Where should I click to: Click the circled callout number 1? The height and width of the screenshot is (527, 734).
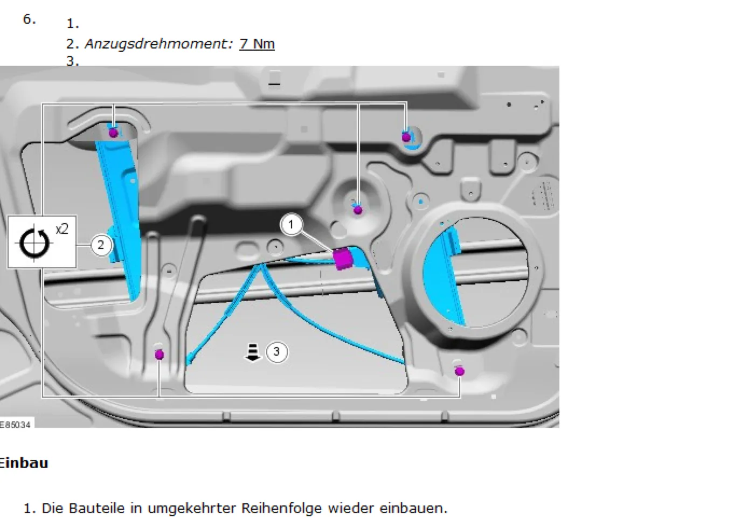290,225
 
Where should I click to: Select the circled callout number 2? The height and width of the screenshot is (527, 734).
101,245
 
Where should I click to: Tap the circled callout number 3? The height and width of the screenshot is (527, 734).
276,352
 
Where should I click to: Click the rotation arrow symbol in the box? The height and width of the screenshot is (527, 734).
34,243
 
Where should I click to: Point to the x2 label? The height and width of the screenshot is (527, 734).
62,229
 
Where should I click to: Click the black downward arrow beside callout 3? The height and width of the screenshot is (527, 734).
252,352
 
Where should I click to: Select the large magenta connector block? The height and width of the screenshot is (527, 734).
343,259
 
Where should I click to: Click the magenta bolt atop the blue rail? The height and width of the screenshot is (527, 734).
113,133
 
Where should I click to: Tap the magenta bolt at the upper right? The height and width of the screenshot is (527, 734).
406,137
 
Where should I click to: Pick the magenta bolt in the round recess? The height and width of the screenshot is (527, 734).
358,210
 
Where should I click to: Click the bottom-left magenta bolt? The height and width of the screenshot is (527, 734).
160,355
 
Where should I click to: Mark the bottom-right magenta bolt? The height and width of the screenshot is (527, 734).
460,371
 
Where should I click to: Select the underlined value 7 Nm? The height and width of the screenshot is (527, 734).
257,44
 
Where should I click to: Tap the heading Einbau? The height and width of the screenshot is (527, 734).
24,463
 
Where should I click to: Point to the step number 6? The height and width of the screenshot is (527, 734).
29,19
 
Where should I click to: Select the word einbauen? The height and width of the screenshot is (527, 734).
413,508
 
